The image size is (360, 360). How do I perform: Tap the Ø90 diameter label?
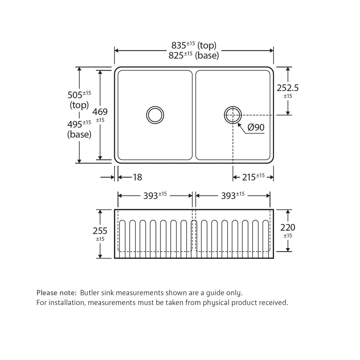(x=256, y=127)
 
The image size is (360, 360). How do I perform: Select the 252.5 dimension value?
(x=287, y=88)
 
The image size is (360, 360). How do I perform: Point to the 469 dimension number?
(x=100, y=112)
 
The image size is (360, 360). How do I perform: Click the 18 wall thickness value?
(x=138, y=177)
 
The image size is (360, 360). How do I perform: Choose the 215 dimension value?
(x=249, y=177)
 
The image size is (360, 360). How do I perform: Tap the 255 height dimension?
(x=100, y=231)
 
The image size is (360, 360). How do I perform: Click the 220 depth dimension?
(x=288, y=228)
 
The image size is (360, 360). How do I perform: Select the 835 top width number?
(x=179, y=45)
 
